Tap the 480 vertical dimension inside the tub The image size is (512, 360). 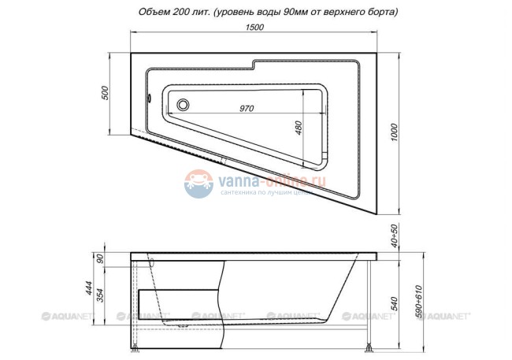[299, 128]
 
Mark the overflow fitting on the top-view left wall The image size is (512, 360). [150, 99]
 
